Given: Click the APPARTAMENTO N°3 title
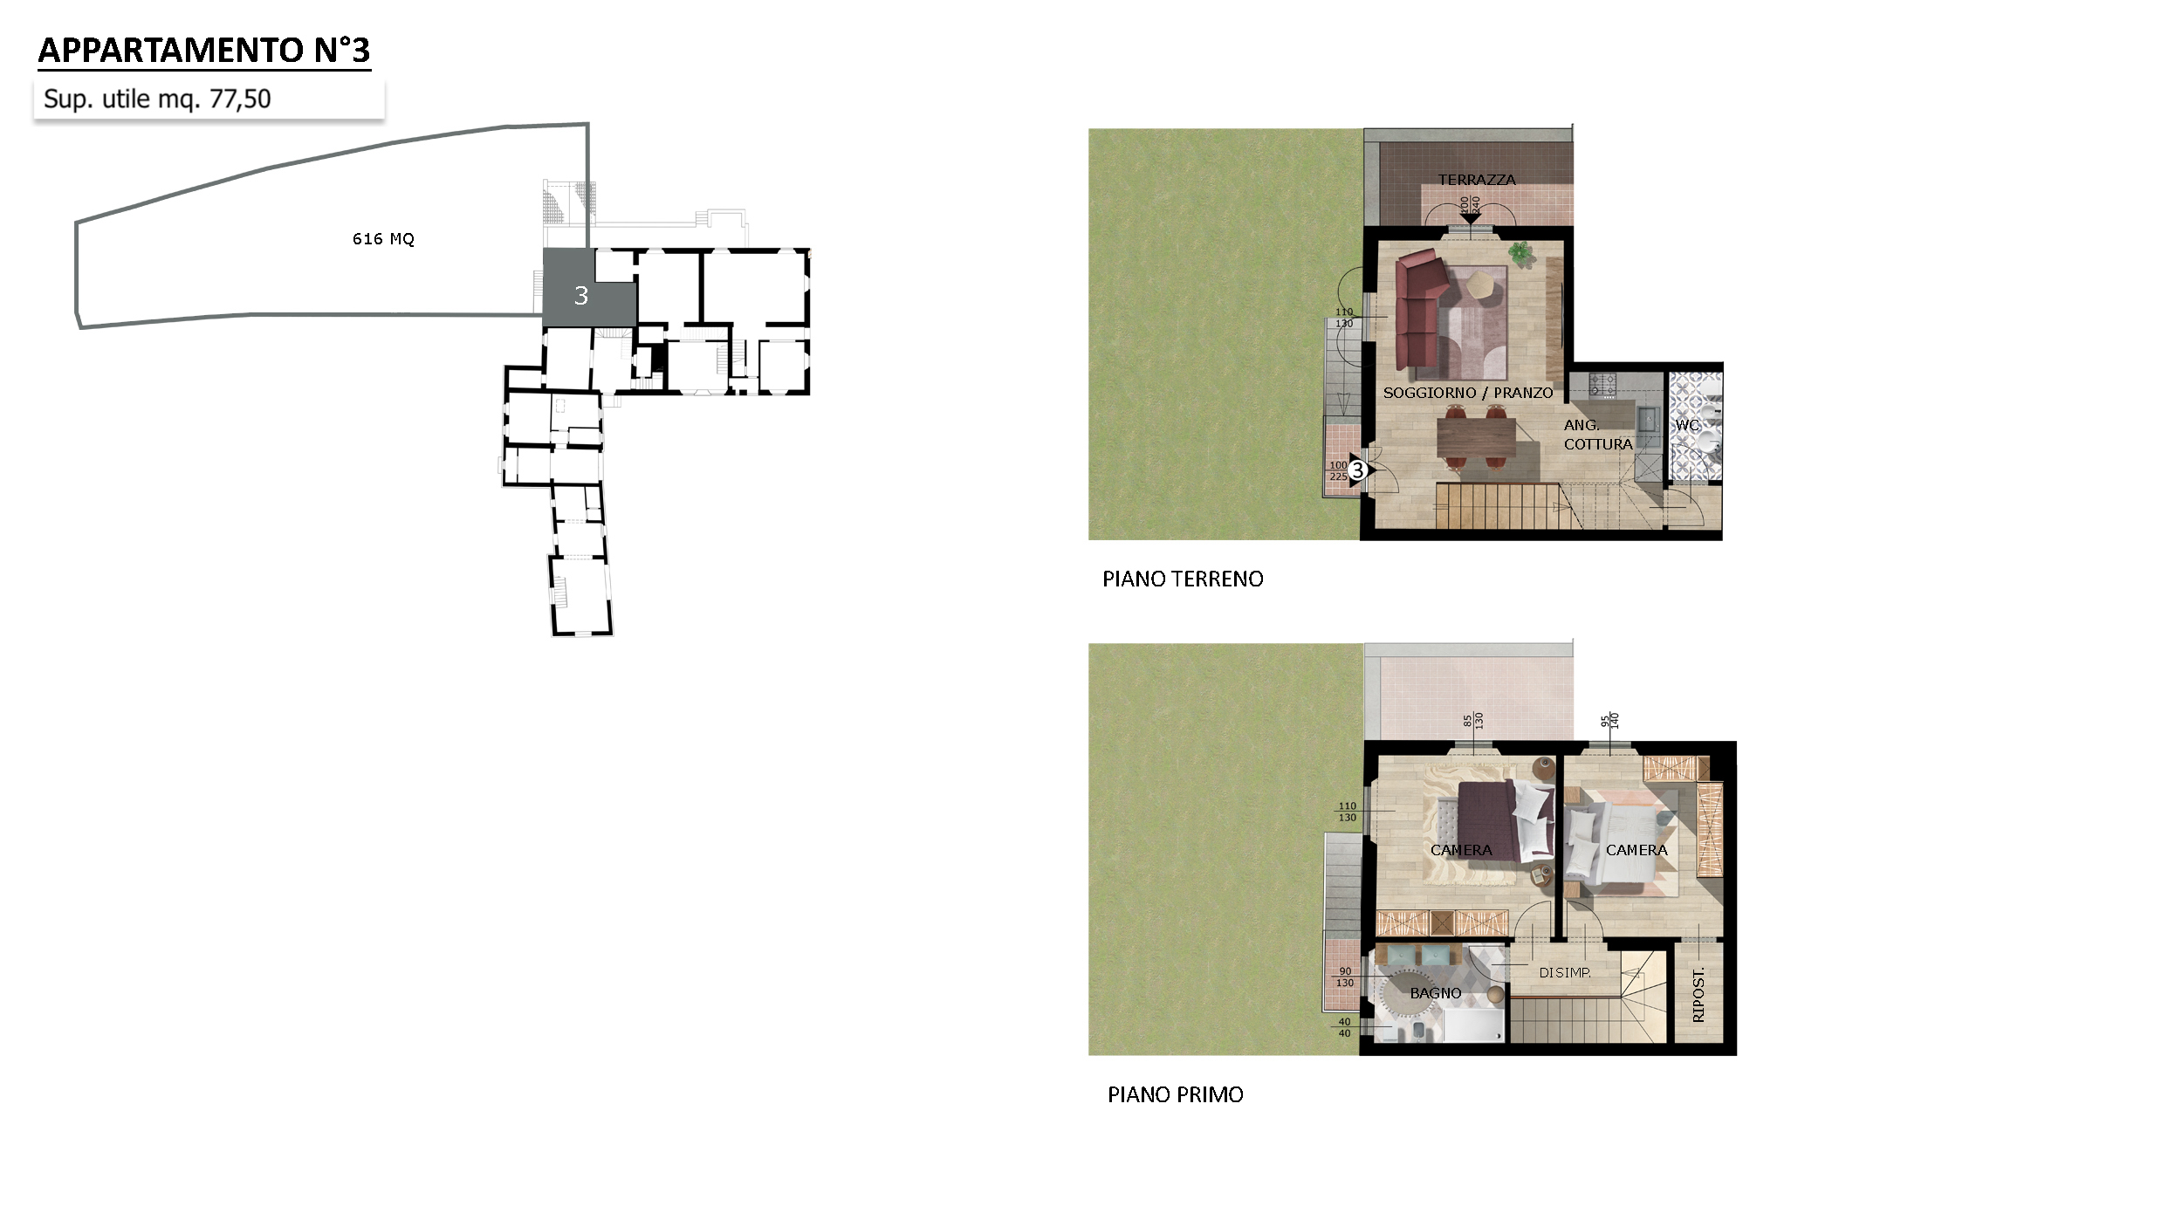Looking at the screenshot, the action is tap(204, 51).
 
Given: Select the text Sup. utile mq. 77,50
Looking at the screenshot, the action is tap(157, 99).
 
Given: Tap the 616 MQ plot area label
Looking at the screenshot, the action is tap(383, 239).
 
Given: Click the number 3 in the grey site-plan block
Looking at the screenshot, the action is tap(581, 296).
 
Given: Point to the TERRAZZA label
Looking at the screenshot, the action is tap(1477, 180).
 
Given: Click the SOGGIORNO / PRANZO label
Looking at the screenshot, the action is tap(1468, 393).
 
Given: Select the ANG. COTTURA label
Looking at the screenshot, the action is tap(1597, 435).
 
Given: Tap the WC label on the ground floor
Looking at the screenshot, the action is tap(1687, 425).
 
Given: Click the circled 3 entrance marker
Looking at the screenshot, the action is tap(1357, 470).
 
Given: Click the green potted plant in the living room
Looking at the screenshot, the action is tap(1520, 253).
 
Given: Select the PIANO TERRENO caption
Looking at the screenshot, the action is tap(1183, 579).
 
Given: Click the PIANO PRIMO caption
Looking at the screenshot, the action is tap(1175, 1095).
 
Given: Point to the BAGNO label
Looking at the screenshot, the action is tap(1436, 993).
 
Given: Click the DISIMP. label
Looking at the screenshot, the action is tap(1565, 972).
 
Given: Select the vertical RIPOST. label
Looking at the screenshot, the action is tap(1698, 995).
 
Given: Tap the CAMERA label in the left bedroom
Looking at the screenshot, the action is tap(1461, 850).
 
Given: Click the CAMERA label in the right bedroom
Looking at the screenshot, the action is tap(1636, 850).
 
